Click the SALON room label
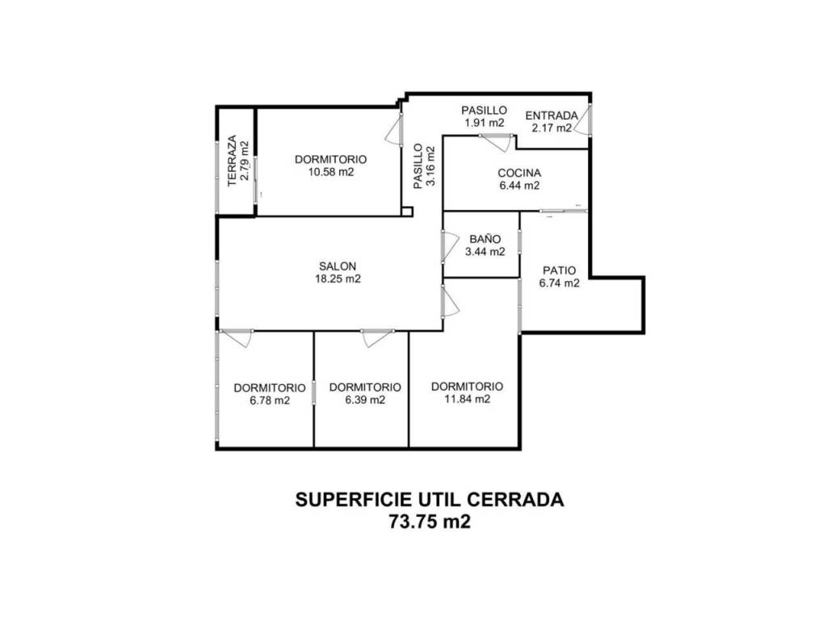[x=338, y=266]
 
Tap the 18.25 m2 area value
[x=338, y=279]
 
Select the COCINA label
[x=519, y=173]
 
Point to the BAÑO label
[x=485, y=239]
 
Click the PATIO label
[x=560, y=270]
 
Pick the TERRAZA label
[x=232, y=161]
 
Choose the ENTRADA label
[x=552, y=115]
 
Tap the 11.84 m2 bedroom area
[x=468, y=399]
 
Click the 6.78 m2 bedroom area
[x=270, y=400]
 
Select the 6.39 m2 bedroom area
[x=365, y=400]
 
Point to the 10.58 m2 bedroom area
[x=330, y=172]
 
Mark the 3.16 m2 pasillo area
[x=430, y=165]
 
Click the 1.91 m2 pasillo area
[x=485, y=123]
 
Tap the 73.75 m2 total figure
[x=430, y=522]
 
